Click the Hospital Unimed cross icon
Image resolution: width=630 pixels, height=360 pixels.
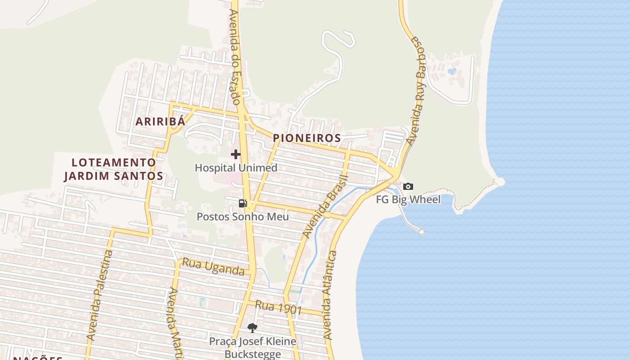tap(235, 155)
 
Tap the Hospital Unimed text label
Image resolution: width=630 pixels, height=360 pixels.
tap(236, 168)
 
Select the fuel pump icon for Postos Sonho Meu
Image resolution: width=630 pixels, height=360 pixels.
tap(243, 203)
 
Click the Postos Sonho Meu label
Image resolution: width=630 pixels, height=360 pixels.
tap(243, 216)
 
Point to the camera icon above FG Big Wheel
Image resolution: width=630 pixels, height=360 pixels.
tap(408, 186)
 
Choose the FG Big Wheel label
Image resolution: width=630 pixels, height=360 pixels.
tap(408, 199)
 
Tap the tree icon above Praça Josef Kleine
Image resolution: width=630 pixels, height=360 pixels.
tap(252, 328)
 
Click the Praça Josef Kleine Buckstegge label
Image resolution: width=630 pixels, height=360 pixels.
tap(252, 347)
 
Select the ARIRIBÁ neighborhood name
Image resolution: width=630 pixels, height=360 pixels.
tap(161, 121)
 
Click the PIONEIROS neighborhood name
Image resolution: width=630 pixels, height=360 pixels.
tap(307, 138)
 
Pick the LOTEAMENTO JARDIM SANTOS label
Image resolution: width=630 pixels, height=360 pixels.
tap(113, 169)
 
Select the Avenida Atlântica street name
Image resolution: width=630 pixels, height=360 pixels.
tap(330, 295)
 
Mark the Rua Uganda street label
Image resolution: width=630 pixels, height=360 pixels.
tap(213, 267)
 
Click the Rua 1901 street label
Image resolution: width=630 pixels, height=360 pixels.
tap(278, 308)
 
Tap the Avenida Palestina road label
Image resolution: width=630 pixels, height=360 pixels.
tap(99, 295)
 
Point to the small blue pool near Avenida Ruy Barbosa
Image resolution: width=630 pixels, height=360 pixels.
tap(452, 71)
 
